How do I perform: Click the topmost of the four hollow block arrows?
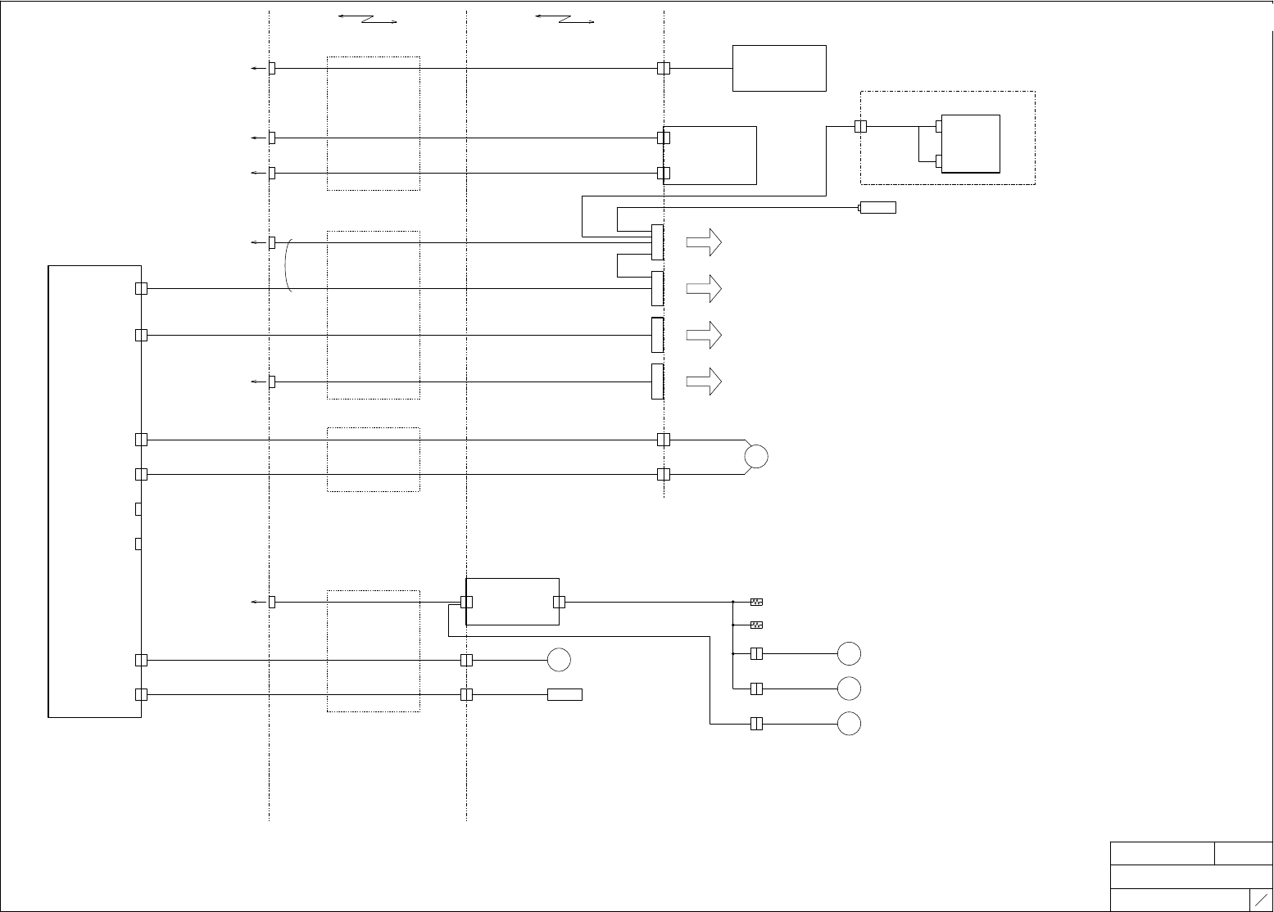pos(704,242)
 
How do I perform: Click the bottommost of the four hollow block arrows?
pos(704,382)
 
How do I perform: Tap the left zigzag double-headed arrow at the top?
pos(367,19)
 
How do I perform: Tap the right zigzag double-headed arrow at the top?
pos(564,19)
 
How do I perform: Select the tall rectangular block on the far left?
pos(94,491)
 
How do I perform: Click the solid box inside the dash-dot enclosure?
pos(971,143)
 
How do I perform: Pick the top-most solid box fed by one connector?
pos(778,68)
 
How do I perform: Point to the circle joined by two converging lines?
pos(756,457)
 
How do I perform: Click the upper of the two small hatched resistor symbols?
pos(757,603)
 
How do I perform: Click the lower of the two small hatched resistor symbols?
pos(757,625)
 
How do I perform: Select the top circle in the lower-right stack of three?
pos(850,654)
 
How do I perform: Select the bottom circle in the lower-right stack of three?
pos(850,724)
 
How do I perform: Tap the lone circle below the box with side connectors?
pos(559,659)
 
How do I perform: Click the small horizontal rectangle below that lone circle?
pos(564,695)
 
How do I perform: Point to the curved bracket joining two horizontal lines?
pos(288,265)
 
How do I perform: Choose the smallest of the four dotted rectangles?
pos(374,459)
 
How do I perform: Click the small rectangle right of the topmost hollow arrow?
pos(877,208)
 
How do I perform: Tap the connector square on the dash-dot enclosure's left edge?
pos(860,127)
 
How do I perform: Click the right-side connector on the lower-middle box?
pos(559,603)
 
